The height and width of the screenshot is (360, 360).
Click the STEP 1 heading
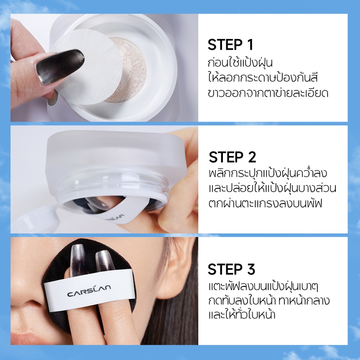pyautogui.click(x=230, y=45)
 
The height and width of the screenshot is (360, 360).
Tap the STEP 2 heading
pyautogui.click(x=232, y=157)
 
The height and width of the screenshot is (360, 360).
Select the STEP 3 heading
pyautogui.click(x=231, y=269)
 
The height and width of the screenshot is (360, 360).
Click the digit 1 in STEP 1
pyautogui.click(x=250, y=45)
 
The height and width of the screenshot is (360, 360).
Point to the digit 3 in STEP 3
pyautogui.click(x=251, y=269)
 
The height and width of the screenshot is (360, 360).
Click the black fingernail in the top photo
pyautogui.click(x=60, y=66)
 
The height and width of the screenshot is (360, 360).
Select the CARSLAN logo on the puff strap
pyautogui.click(x=89, y=290)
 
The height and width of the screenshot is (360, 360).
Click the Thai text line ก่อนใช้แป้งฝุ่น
pyautogui.click(x=240, y=63)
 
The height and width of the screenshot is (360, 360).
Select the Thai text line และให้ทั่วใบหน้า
pyautogui.click(x=242, y=314)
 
